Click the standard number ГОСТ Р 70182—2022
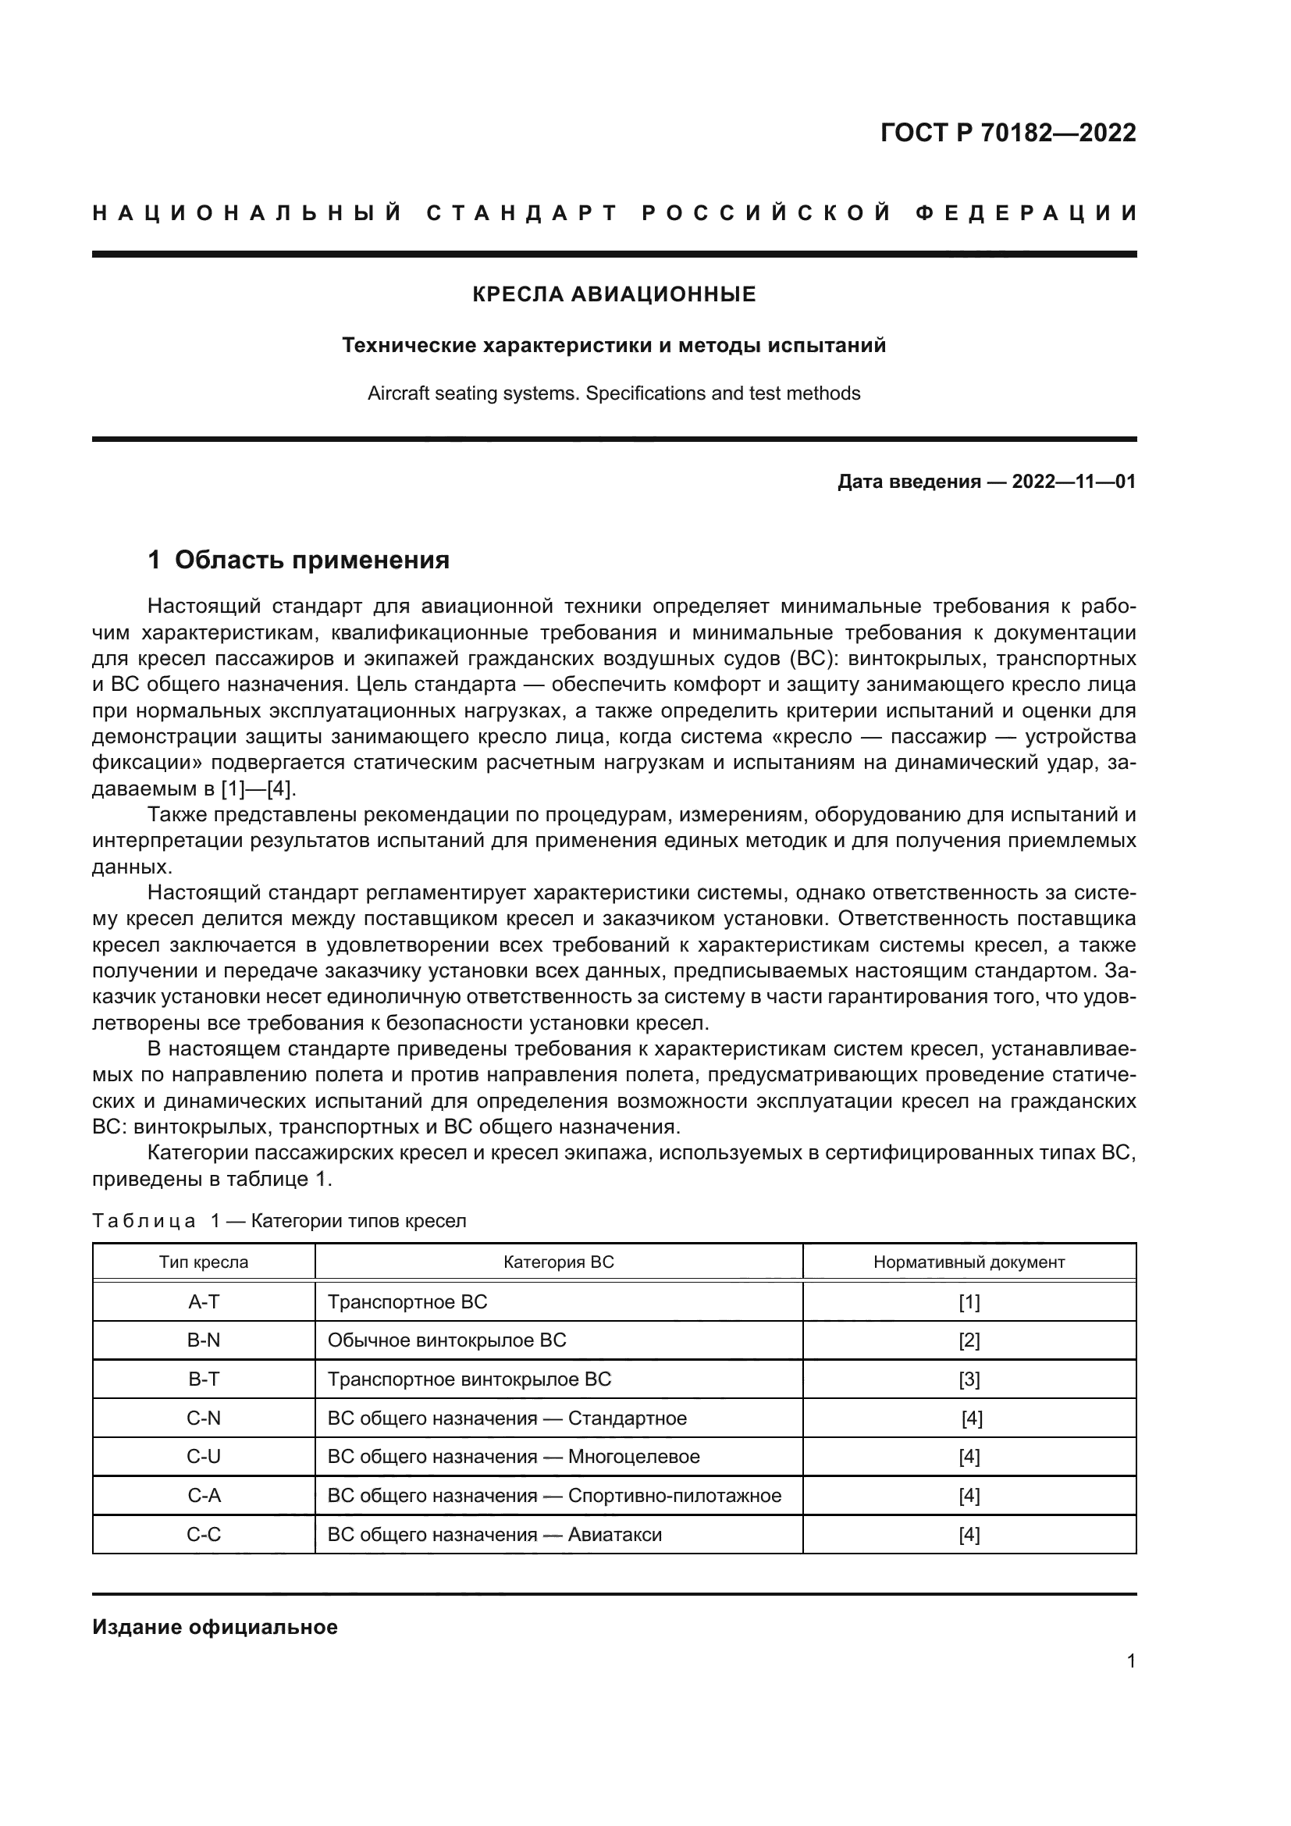point(1008,133)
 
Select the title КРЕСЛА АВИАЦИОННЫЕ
point(613,294)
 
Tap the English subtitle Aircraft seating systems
point(613,393)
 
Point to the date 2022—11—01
point(1073,482)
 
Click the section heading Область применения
point(311,560)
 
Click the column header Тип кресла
point(204,1262)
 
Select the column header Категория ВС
point(558,1262)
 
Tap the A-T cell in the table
point(204,1302)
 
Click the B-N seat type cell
point(204,1340)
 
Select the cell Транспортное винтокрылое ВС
point(469,1379)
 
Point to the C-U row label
point(204,1456)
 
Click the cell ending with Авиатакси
point(494,1534)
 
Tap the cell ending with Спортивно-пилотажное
point(554,1495)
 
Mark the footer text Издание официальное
point(215,1626)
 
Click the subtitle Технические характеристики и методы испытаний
point(613,346)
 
